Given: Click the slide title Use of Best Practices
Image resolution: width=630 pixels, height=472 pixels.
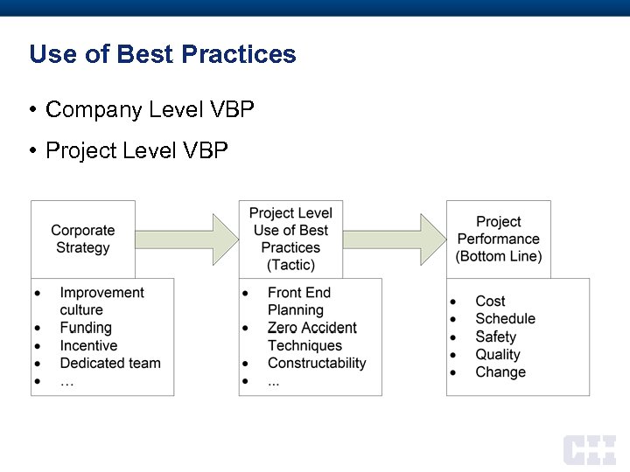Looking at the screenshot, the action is pyautogui.click(x=163, y=54).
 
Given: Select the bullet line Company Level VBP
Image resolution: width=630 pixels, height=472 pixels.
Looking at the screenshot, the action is pyautogui.click(x=149, y=110).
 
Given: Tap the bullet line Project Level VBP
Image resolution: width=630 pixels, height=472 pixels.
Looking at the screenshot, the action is pyautogui.click(x=136, y=151).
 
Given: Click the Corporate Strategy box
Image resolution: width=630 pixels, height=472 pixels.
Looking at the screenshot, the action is pyautogui.click(x=83, y=239).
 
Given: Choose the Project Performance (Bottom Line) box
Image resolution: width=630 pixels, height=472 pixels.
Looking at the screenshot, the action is pyautogui.click(x=499, y=239).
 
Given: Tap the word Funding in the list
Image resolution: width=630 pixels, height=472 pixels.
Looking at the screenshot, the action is pyautogui.click(x=86, y=328).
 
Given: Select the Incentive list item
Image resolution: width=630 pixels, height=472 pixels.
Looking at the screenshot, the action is pyautogui.click(x=88, y=345).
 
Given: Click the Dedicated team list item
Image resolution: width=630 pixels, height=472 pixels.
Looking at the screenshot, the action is pyautogui.click(x=110, y=363).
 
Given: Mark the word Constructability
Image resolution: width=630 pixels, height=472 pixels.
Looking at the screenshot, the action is pyautogui.click(x=317, y=363).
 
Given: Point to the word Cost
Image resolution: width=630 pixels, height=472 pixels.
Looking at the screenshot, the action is pyautogui.click(x=490, y=302).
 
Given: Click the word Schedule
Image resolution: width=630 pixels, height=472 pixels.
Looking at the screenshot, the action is pyautogui.click(x=505, y=319).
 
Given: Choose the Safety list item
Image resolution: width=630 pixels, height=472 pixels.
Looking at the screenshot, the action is pyautogui.click(x=496, y=337).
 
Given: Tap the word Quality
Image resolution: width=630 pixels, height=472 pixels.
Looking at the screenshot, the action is pyautogui.click(x=498, y=354).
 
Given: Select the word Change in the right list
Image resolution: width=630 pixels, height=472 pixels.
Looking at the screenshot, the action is pyautogui.click(x=500, y=371).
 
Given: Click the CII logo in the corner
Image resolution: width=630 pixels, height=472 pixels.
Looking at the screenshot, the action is pyautogui.click(x=589, y=449).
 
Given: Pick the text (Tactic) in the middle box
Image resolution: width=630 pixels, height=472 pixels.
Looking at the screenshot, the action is pyautogui.click(x=290, y=265).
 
